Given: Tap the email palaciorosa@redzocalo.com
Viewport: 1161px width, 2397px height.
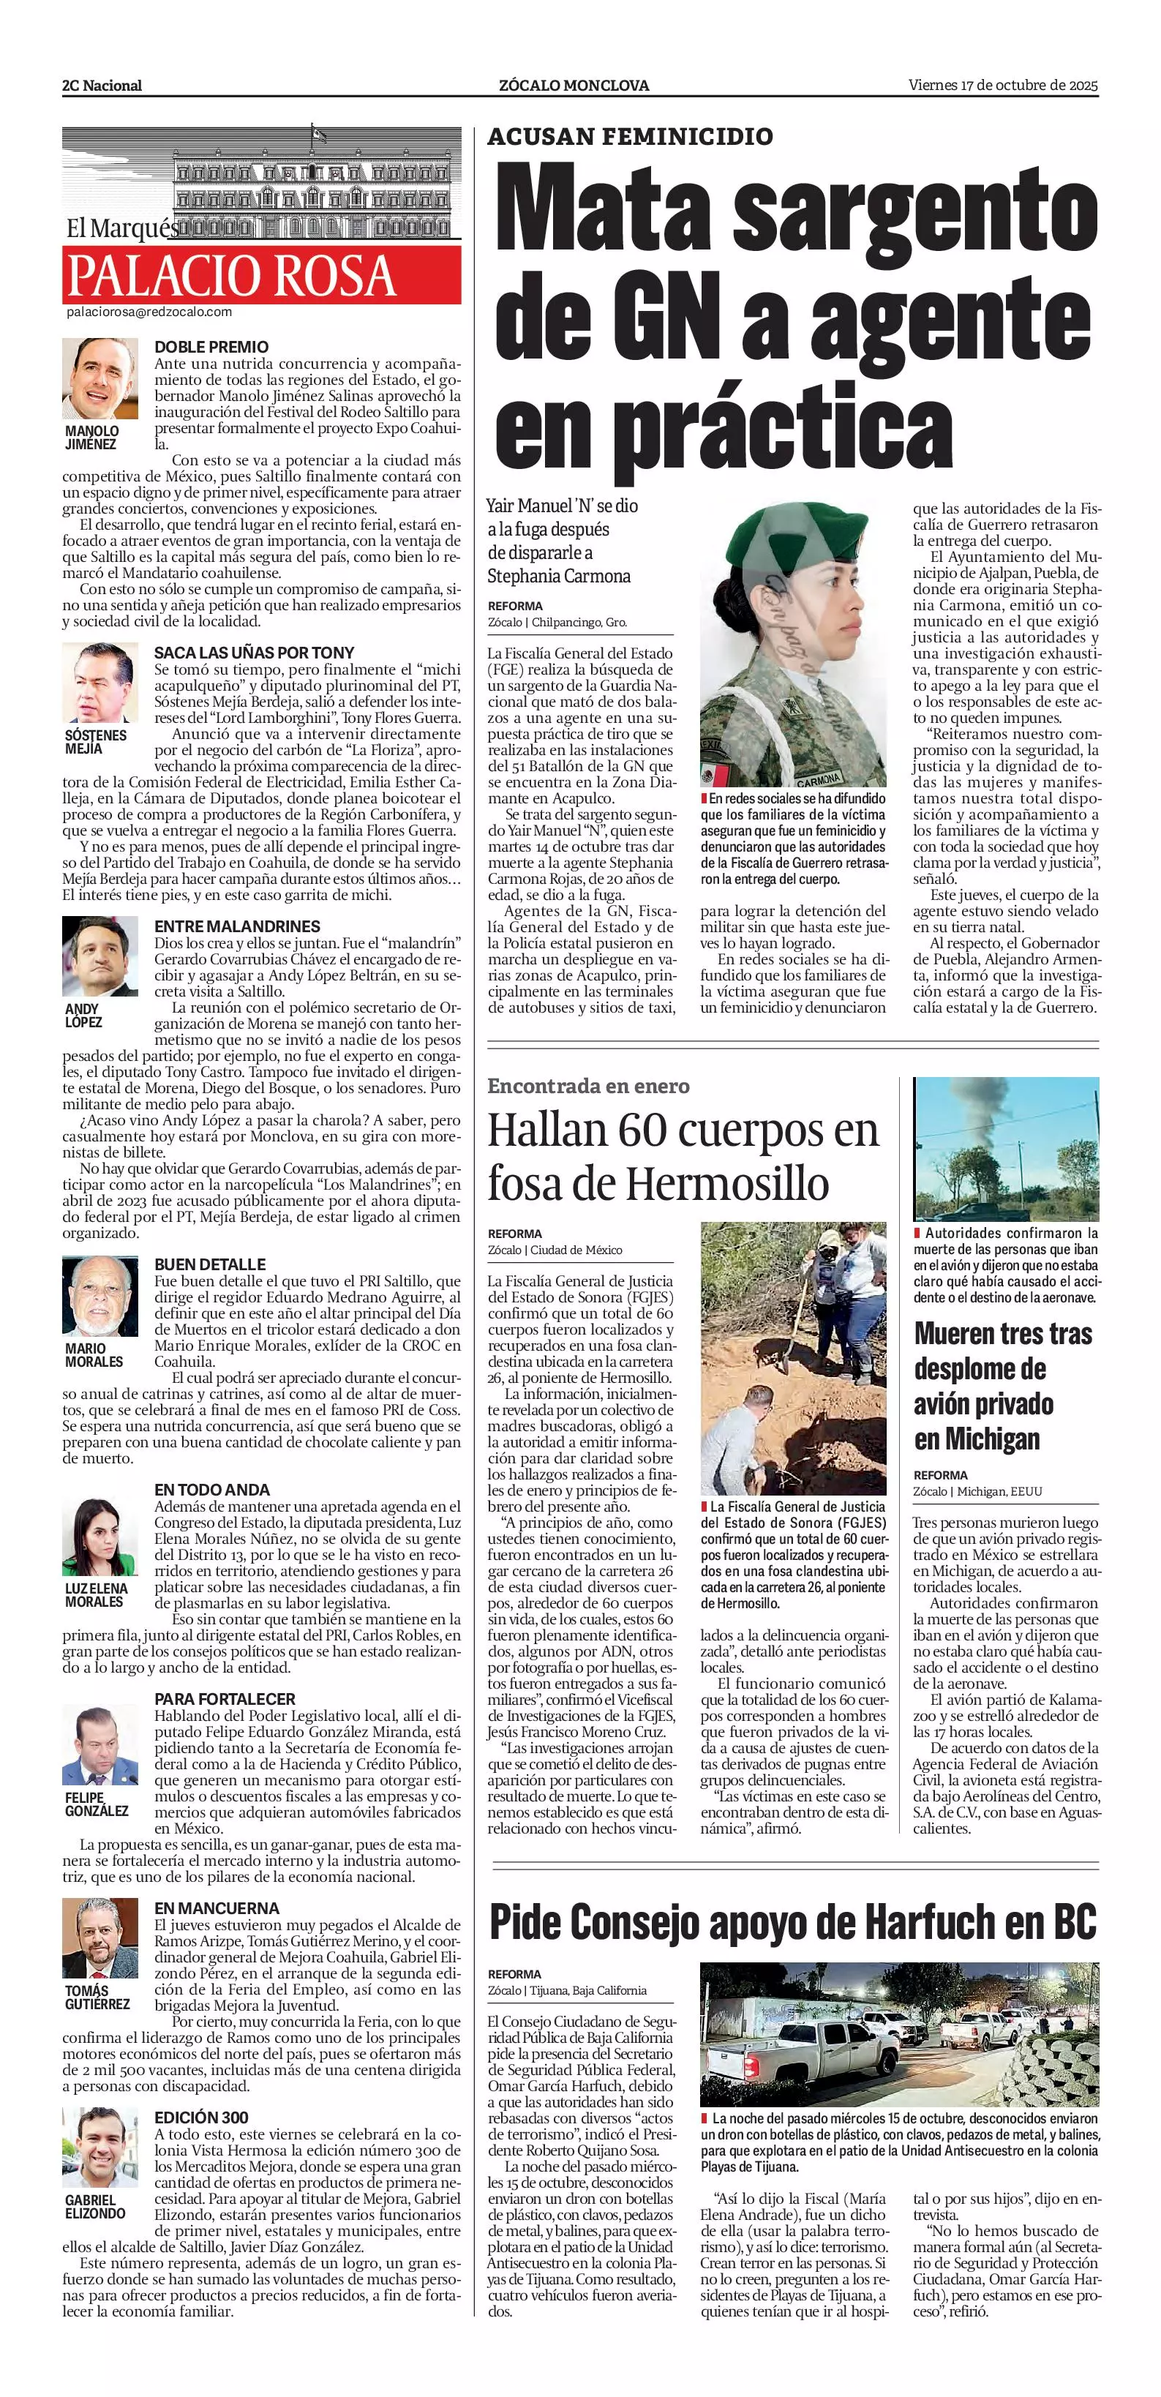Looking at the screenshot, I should coord(149,312).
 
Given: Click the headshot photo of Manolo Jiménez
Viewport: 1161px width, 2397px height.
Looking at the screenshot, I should coord(99,380).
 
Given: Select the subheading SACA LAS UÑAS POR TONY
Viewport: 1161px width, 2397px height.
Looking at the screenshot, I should coord(254,652).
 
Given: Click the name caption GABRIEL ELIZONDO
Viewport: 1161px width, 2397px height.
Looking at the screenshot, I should coord(95,2206).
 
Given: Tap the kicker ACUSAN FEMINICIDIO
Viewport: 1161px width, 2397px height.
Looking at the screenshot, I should coord(630,137).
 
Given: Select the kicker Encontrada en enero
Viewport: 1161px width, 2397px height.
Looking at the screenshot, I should coord(588,1086).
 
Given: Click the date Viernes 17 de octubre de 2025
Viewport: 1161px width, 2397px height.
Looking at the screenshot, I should coord(1003,85).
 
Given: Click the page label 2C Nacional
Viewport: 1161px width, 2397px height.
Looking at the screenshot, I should coord(102,86).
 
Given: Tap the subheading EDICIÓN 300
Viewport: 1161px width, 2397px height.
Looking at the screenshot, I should coord(201,2117).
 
